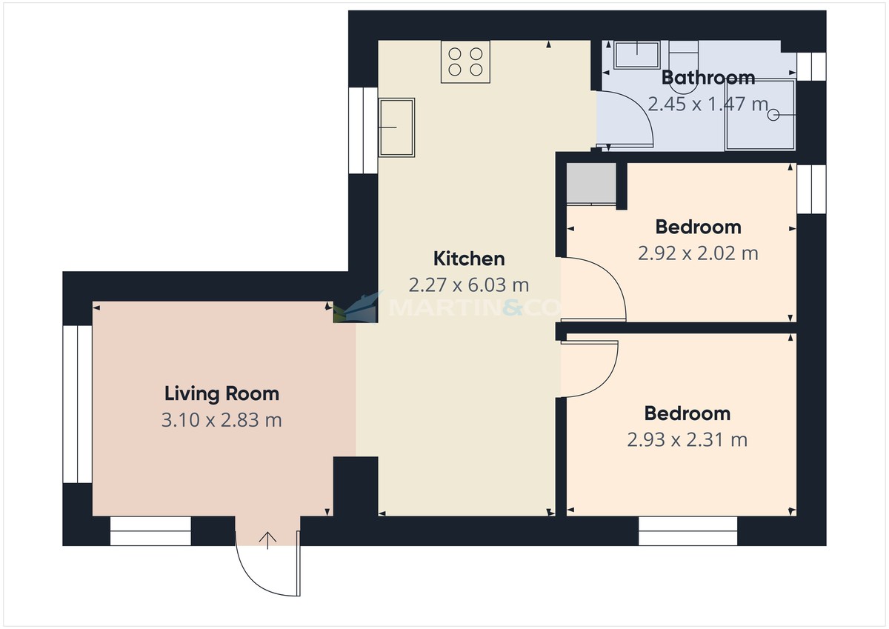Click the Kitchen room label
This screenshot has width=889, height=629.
click(x=469, y=259)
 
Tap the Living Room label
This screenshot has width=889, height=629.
click(x=222, y=394)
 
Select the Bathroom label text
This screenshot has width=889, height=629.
click(x=708, y=77)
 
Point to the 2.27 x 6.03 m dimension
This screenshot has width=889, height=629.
click(x=469, y=285)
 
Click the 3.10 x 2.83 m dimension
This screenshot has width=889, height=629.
click(x=222, y=420)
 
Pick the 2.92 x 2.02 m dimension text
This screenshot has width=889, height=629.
click(x=698, y=253)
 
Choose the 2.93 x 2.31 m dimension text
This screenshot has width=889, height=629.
click(x=687, y=439)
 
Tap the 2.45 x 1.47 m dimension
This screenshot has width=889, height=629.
click(x=708, y=104)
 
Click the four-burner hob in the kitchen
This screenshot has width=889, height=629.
click(x=465, y=62)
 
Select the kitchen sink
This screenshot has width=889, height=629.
click(x=396, y=127)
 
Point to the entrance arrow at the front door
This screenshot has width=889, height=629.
click(x=268, y=541)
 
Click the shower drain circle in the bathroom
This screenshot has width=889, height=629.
click(x=773, y=115)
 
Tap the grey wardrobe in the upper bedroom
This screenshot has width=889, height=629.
click(x=591, y=184)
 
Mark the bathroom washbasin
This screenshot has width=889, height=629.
click(x=637, y=55)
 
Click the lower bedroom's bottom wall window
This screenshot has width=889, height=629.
click(x=687, y=531)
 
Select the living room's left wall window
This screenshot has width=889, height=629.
click(x=77, y=404)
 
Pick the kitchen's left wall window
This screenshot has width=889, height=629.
click(x=363, y=130)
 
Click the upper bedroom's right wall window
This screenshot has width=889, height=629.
click(x=812, y=190)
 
